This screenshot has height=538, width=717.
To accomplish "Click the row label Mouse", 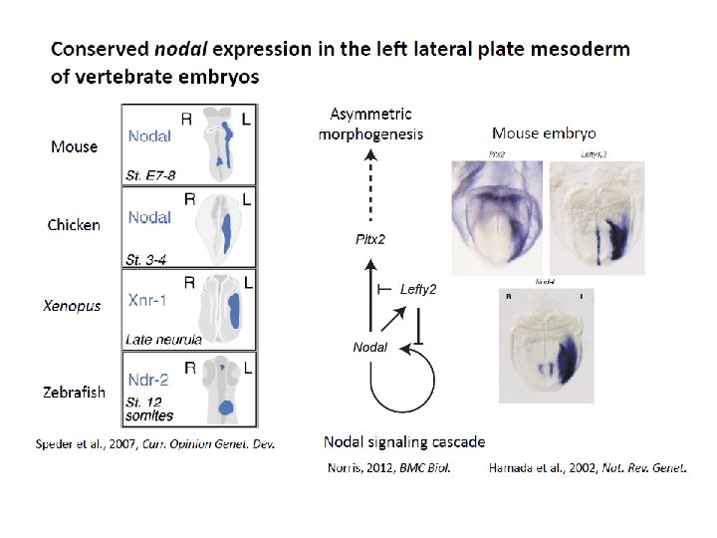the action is tap(74, 146).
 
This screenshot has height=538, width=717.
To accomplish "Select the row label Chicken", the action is tap(74, 225).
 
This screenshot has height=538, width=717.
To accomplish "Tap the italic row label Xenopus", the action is tap(72, 306).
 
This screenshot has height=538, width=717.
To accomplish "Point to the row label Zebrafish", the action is tap(74, 393).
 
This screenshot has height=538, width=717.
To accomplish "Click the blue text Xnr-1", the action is tap(148, 299).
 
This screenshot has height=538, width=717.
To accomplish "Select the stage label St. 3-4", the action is tap(146, 259).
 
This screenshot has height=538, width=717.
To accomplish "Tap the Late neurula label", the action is tap(163, 340).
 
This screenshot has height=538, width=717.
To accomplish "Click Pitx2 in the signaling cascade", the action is tap(369, 239).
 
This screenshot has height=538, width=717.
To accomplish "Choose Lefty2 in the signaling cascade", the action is tap(418, 290).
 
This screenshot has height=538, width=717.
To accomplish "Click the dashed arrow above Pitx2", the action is tap(369, 189).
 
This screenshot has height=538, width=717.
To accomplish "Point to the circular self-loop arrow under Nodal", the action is tap(402, 379).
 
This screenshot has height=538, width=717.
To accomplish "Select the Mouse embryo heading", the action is tap(544, 133).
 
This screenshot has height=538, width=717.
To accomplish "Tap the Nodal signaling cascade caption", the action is tap(404, 441).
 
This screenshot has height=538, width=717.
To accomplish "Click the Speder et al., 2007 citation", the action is tap(155, 442).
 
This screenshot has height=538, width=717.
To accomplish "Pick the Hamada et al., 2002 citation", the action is tap(586, 467).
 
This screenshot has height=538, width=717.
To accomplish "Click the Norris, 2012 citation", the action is tap(388, 467).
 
